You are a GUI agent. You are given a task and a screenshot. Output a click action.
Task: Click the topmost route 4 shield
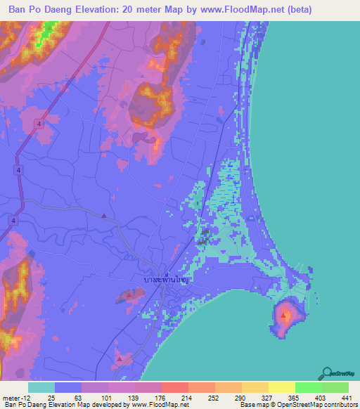point(40,124)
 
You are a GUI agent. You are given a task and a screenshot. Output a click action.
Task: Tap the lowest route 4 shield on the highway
point(13,220)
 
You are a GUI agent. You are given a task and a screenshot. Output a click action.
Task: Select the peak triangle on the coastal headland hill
point(283,316)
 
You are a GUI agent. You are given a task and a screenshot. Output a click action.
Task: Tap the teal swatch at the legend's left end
point(41,387)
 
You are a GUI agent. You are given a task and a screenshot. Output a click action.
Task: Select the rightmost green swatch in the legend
point(335,387)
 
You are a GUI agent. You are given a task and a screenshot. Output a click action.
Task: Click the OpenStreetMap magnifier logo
point(328,374)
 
